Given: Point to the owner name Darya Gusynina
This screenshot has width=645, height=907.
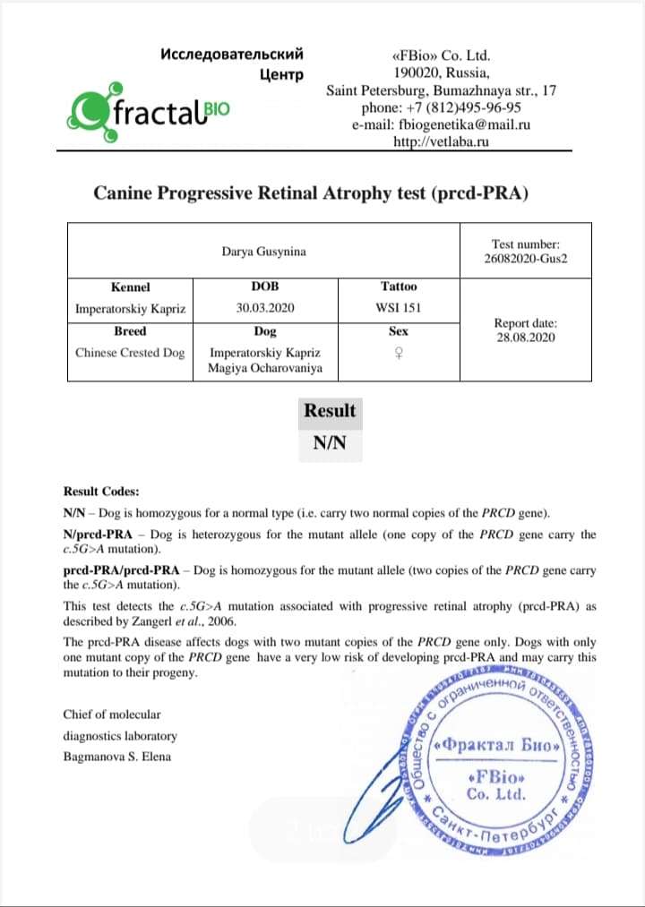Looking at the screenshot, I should [x=263, y=252].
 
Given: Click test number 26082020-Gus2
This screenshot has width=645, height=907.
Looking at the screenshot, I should [x=526, y=261].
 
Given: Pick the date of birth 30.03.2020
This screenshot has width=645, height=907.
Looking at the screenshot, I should [x=265, y=309].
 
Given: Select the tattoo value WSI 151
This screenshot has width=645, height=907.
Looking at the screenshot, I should [x=399, y=309].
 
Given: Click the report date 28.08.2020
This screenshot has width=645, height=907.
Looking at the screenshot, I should [x=525, y=338].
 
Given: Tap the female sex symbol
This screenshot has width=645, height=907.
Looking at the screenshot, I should [x=399, y=354].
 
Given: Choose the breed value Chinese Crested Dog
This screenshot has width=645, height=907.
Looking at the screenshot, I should [x=130, y=353].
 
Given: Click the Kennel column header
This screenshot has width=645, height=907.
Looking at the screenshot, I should [x=130, y=287].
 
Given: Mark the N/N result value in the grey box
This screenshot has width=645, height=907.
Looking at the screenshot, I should [x=330, y=443].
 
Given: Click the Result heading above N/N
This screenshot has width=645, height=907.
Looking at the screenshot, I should [x=330, y=411].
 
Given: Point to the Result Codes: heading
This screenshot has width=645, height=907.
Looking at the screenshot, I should [x=101, y=492].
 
